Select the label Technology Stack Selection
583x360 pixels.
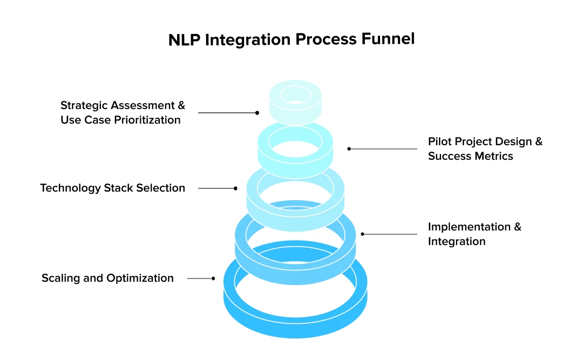pos(112,188)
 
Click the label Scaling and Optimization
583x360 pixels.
pos(107,278)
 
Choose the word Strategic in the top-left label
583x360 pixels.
pos(84,105)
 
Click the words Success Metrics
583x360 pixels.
pos(470,156)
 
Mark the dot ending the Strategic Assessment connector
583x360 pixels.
pos(257,113)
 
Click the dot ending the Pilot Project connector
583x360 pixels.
pos(349,148)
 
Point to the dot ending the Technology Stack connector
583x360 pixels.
pos(235,188)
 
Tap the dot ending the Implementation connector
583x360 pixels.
pos(363,234)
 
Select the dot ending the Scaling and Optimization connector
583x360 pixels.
pos(213,279)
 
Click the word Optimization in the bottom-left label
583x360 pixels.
pos(140,278)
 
